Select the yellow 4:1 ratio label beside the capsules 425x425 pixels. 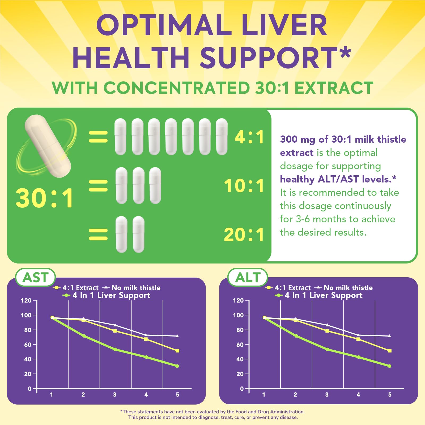point(249,137)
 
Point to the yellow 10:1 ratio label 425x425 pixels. point(244,186)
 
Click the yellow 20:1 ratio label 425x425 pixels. point(244,235)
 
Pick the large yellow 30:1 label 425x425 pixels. point(45,198)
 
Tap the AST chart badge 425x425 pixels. point(35,278)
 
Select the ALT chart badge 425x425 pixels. point(248,278)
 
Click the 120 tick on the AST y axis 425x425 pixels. point(26,301)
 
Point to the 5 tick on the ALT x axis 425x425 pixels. point(390,395)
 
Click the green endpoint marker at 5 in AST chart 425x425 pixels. point(177,366)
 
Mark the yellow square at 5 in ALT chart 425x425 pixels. point(390,351)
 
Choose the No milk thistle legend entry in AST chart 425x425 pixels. point(135,288)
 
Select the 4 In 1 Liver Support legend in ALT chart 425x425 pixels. point(323,295)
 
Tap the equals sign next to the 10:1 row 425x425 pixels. point(98,186)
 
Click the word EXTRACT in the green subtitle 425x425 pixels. point(334,88)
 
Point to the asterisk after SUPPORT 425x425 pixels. point(345,52)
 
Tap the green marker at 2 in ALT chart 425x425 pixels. point(296,336)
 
